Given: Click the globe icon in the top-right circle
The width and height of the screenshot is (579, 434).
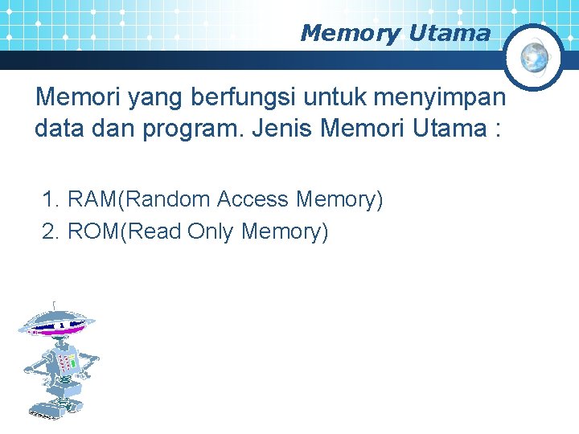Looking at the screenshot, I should click(535, 56).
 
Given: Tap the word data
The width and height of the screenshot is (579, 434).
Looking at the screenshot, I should click(59, 129).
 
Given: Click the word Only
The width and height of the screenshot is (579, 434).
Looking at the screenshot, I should click(211, 231).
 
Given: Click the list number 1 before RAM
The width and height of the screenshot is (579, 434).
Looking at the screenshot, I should click(50, 199).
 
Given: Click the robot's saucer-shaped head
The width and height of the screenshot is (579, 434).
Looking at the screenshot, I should click(56, 324).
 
